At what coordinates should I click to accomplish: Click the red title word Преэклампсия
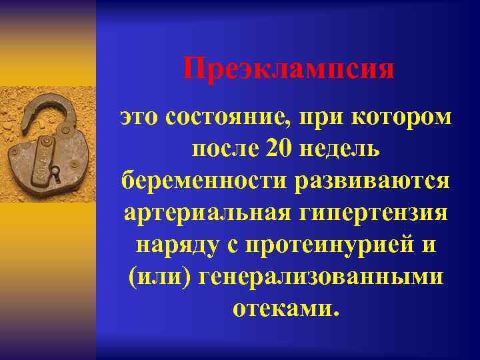[288, 69]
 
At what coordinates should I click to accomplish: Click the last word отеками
[285, 308]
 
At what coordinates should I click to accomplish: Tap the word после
[224, 149]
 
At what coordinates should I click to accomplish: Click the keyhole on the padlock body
[57, 175]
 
